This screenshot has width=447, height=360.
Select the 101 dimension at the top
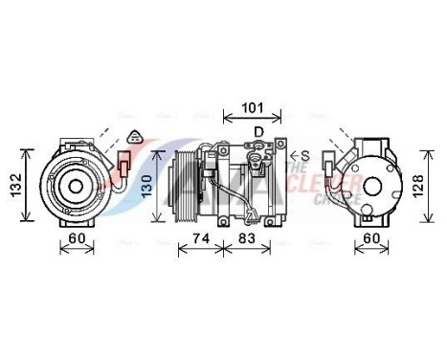253,107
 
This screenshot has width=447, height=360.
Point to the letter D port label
257,131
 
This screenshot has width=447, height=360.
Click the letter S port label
305,154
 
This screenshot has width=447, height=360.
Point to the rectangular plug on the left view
123,165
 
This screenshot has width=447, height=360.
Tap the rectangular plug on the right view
331,169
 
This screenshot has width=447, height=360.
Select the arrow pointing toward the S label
293,154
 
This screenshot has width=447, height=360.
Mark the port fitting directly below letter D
257,147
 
